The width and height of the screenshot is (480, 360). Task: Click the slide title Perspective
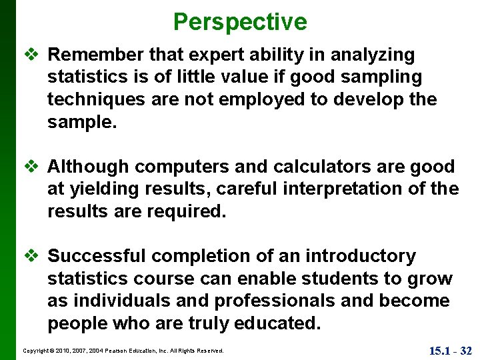(x=240, y=22)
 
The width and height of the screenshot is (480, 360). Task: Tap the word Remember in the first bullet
(x=94, y=55)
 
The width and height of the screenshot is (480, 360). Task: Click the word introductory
(x=360, y=256)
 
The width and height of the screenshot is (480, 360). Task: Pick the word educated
(x=277, y=324)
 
